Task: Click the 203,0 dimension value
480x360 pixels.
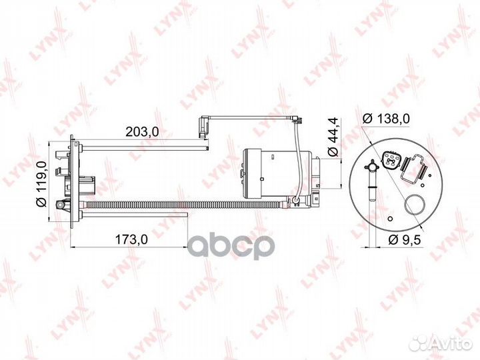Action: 142,131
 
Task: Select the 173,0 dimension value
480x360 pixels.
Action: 131,239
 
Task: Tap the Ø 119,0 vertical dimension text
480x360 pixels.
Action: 41,184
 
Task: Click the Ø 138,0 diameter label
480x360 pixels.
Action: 386,119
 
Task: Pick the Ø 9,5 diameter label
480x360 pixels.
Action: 405,239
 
